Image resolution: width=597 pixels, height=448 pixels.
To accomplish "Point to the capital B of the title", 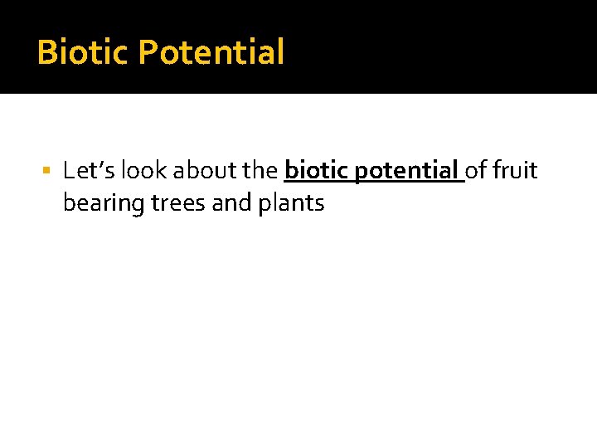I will tap(47, 51).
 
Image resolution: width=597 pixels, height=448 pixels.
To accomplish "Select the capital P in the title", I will tap(147, 51).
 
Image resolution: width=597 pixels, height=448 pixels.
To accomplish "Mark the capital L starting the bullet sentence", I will tap(69, 171).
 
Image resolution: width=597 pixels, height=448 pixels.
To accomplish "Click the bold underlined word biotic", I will tap(316, 171).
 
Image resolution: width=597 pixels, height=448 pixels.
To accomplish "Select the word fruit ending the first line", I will tap(515, 171).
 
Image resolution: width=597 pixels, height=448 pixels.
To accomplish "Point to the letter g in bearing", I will tap(134, 207).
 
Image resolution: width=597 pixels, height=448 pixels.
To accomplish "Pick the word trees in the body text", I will tap(177, 203).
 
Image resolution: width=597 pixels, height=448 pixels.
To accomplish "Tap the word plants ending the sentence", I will tap(292, 204).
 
